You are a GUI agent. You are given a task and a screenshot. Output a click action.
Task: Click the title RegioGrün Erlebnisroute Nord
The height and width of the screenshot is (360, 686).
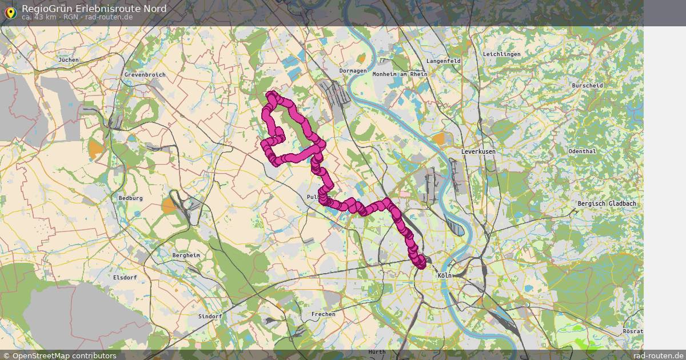[94, 9]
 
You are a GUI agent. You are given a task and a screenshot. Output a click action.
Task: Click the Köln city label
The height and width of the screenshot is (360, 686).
[444, 275]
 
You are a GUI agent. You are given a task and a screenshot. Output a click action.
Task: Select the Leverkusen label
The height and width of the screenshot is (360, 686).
[478, 151]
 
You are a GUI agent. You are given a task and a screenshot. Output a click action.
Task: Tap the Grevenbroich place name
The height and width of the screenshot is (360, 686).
[145, 75]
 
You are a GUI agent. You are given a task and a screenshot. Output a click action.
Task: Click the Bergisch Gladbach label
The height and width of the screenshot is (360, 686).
[607, 203]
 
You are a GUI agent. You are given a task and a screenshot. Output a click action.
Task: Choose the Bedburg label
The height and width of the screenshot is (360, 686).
[130, 198]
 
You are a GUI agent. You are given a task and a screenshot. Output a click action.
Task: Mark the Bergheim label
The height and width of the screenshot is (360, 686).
[186, 255]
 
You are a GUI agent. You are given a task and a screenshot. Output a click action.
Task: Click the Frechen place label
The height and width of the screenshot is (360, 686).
[323, 314]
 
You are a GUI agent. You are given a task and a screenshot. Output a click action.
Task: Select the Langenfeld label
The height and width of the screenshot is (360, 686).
[444, 61]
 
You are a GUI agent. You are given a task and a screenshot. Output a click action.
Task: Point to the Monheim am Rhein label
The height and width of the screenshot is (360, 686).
[400, 74]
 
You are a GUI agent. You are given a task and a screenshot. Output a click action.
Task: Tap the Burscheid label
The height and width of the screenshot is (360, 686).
[587, 86]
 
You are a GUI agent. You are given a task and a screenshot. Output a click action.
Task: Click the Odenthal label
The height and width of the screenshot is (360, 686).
[582, 151]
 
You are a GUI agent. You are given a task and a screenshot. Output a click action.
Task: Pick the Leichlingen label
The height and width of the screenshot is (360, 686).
[501, 54]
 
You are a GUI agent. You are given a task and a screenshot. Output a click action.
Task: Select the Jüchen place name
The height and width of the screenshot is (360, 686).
[68, 59]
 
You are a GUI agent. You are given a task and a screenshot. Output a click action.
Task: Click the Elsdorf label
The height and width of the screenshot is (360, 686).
[125, 277]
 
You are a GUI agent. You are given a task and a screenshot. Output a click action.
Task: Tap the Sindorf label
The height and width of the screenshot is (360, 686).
[209, 316]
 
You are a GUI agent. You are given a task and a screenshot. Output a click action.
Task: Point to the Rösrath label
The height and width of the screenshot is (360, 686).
[633, 331]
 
